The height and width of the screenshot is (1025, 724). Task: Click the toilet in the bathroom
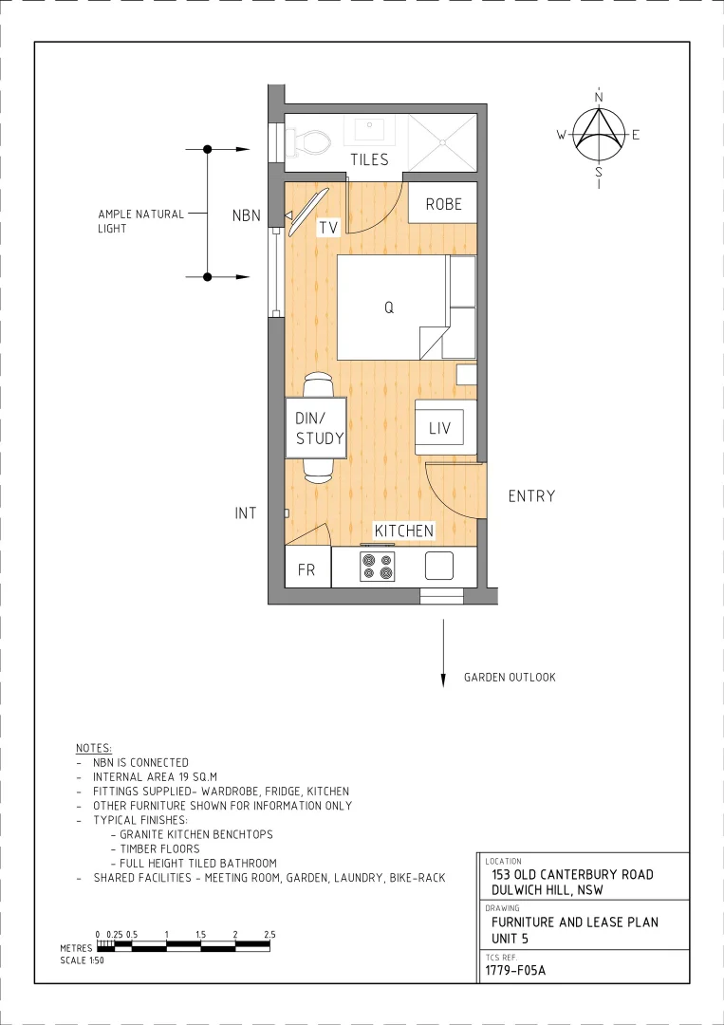coord(309,142)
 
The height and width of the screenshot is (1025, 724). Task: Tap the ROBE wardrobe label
coord(443,204)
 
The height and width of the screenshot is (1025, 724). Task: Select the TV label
coord(328,228)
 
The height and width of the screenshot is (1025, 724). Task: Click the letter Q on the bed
coord(389,307)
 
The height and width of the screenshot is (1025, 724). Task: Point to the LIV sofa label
coord(439,429)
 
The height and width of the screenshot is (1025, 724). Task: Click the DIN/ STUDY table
coord(315,428)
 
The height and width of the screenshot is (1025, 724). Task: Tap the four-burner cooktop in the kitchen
coord(377,567)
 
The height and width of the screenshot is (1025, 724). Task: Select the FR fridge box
coord(306,570)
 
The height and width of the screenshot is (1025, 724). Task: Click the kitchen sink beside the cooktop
coord(439,566)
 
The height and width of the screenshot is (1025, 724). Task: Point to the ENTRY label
coord(531,496)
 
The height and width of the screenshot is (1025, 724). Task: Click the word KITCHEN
coord(403,531)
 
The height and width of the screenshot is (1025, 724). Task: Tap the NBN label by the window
coord(246,216)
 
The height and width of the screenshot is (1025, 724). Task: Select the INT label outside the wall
coord(246,513)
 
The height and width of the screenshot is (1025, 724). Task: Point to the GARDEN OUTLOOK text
coord(510,678)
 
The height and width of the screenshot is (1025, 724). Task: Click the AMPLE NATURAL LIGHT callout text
coord(140,221)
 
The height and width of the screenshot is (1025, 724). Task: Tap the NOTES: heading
coord(93,748)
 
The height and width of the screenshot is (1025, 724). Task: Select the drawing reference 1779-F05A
coord(515,971)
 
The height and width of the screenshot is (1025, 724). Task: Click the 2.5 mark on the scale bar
coord(269,935)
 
